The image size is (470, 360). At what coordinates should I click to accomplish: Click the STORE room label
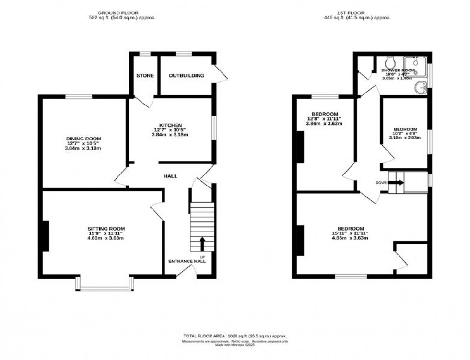(145, 76)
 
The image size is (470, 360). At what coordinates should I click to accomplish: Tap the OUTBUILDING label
(187, 76)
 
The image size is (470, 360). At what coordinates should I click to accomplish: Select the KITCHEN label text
(171, 126)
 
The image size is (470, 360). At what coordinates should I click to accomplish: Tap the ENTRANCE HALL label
(187, 261)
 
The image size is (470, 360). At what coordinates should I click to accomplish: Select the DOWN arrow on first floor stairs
(397, 182)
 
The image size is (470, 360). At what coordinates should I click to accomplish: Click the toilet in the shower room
(390, 62)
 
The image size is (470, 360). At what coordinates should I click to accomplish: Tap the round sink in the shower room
(422, 88)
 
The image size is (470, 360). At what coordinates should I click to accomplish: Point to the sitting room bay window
(104, 287)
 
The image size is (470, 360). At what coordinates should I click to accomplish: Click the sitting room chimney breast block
(45, 236)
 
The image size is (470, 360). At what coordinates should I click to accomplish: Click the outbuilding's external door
(220, 75)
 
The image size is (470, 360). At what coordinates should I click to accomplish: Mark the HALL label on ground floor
(171, 176)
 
